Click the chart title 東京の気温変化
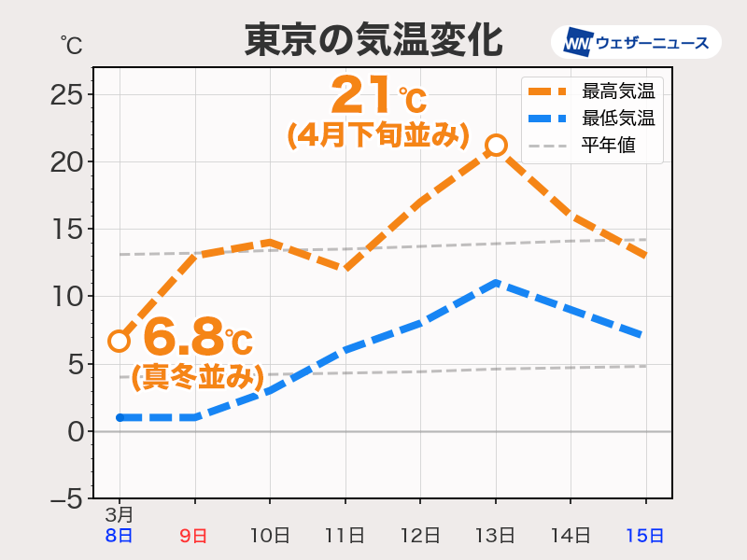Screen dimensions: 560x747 (373, 41)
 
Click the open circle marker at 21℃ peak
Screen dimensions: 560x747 (496, 145)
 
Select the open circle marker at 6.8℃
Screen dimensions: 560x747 (119, 341)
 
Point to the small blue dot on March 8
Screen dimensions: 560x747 (120, 417)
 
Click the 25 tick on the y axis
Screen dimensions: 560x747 (73, 94)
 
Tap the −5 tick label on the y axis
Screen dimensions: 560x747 (68, 498)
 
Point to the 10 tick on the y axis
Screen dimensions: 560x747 (73, 297)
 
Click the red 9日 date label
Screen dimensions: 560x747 (193, 536)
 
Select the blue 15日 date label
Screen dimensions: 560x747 (644, 536)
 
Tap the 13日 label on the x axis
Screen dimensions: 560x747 (495, 536)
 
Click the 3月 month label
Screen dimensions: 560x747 (120, 514)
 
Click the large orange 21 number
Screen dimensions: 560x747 (361, 94)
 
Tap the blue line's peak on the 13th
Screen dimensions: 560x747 (496, 282)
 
